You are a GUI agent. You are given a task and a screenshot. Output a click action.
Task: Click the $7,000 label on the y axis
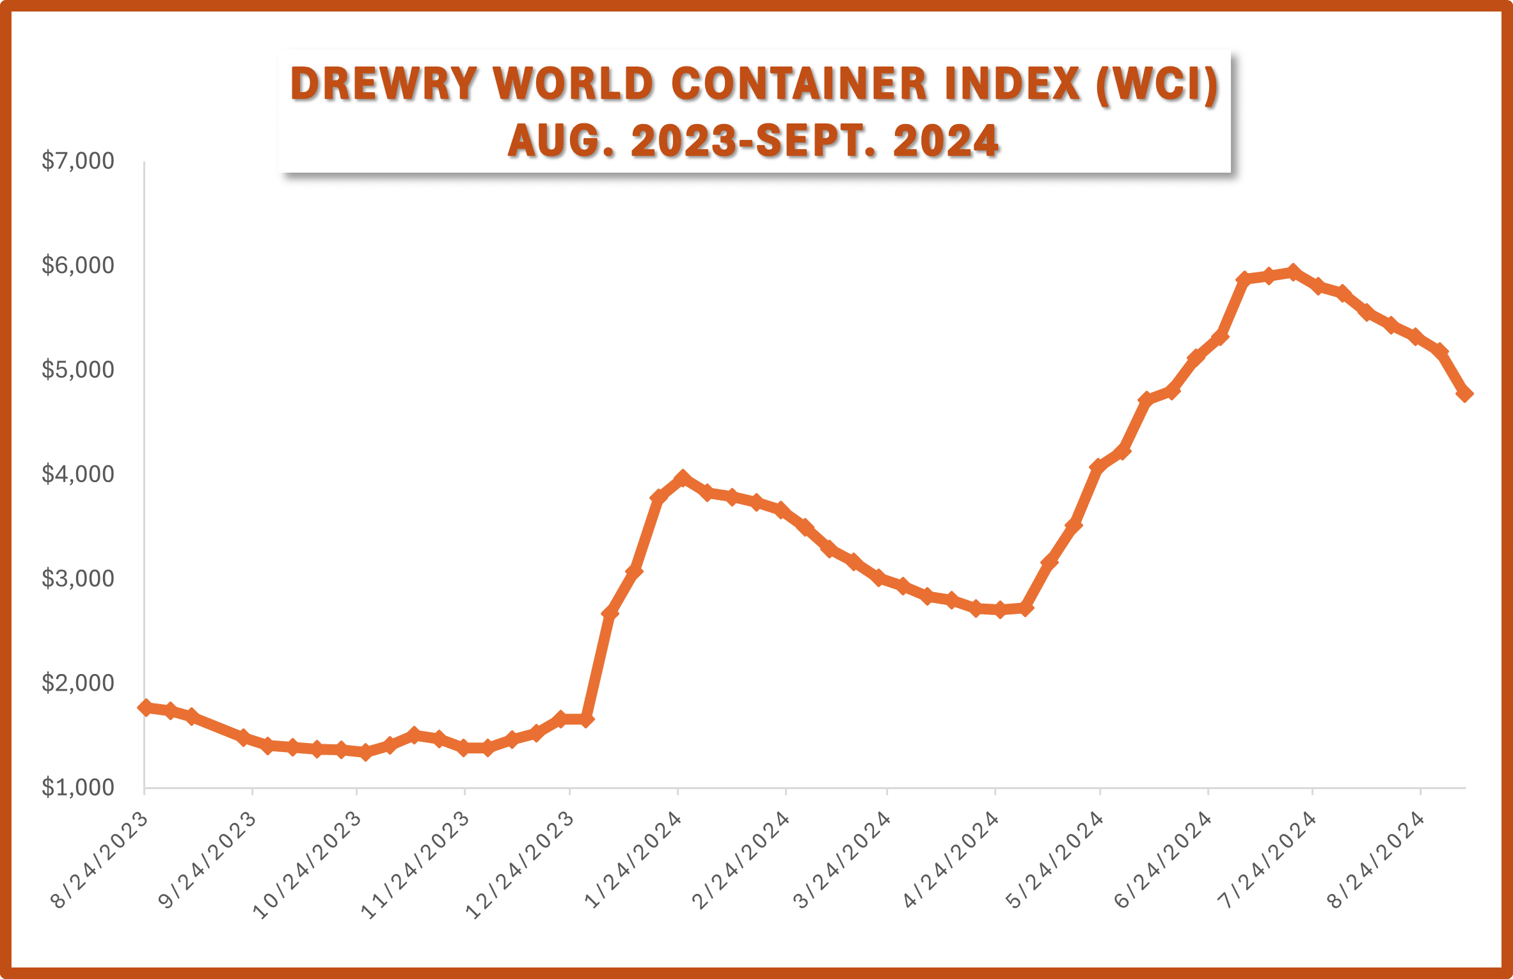pos(77,161)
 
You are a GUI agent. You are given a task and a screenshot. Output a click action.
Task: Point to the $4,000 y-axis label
pos(77,474)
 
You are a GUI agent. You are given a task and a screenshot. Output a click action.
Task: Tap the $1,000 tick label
pos(77,788)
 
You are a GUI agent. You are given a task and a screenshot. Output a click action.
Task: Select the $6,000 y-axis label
pos(77,265)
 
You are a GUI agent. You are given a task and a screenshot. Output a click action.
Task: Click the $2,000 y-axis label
pos(77,684)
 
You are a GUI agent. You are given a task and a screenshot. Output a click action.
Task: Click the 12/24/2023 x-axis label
pos(519,865)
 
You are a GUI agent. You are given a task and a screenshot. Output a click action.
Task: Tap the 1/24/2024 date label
pos(633,860)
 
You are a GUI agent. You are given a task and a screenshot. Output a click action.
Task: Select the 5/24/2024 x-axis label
pos(1055,860)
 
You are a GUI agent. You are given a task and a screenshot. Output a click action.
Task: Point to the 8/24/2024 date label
pos(1375,860)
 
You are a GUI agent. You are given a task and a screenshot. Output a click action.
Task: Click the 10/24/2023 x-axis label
pos(307,865)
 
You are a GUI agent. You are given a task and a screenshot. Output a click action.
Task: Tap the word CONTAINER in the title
pos(800,84)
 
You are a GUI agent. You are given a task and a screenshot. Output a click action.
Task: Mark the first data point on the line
pos(145,707)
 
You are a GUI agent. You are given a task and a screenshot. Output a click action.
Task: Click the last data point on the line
pos(1464,394)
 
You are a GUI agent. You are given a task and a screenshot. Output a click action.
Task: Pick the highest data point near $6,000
pos(1293,272)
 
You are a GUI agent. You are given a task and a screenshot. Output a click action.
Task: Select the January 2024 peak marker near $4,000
pos(683,478)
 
